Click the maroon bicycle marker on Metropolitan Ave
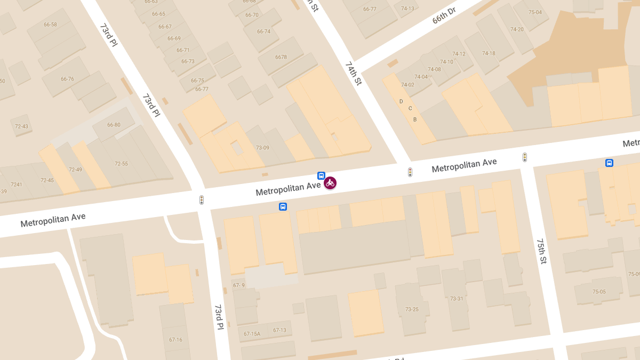330,183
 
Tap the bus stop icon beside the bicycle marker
321,175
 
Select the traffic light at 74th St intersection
410,172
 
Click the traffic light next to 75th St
525,157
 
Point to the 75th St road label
542,251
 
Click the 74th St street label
354,74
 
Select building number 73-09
262,148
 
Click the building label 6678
281,57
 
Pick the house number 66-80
114,125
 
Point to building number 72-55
121,164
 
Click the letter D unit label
401,101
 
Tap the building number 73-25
412,309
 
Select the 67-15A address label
252,334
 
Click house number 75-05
599,292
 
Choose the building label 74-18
489,53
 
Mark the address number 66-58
50,25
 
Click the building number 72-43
21,126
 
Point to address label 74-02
407,85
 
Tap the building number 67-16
175,340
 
